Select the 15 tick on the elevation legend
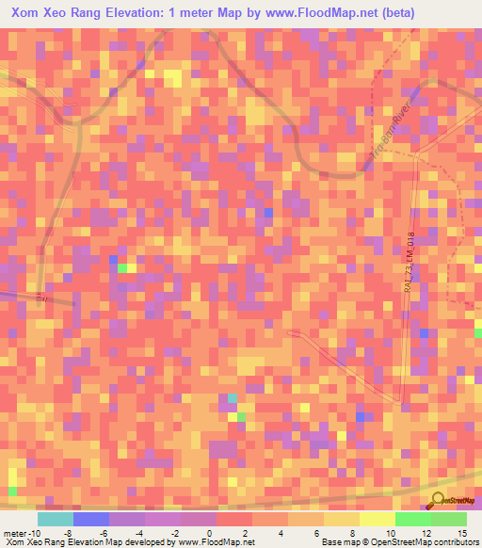click(461, 532)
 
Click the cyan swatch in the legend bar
click(56, 519)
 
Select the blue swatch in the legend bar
click(91, 519)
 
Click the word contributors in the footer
click(455, 542)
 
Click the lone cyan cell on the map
click(232, 398)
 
